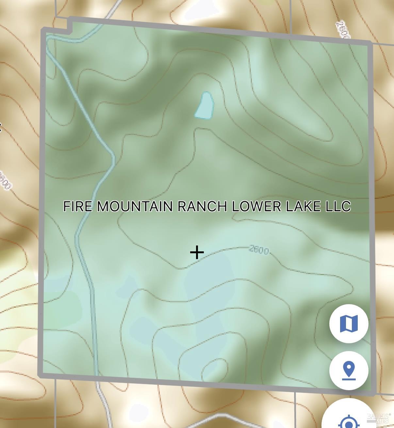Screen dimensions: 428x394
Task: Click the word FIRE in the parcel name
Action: pos(77,206)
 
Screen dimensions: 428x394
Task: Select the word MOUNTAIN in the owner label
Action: pos(135,206)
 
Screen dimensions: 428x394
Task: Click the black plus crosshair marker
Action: pos(197,253)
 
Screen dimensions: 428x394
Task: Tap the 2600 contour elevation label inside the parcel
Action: pos(259,250)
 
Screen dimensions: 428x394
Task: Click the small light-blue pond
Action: pos(205,105)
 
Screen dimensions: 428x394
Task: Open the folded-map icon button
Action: pos(349,323)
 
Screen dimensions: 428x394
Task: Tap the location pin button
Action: pos(349,371)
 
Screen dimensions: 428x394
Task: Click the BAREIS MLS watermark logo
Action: pos(378,418)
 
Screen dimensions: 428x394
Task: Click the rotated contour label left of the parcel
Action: pos(5,180)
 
